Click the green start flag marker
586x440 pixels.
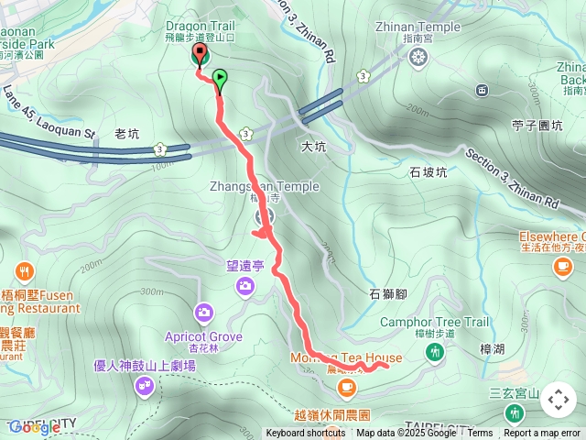coord(220,78)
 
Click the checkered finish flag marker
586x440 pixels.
coord(200,58)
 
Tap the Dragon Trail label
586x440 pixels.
coord(201,27)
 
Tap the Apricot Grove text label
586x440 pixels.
coord(204,336)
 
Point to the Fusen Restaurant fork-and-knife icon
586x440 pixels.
coord(24,271)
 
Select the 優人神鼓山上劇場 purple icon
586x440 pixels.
coord(144,387)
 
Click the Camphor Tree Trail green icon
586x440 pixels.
coord(436,355)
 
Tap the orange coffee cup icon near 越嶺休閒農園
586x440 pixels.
coord(346,389)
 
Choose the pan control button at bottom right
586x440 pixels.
coord(559,400)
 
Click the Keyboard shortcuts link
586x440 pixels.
coord(306,434)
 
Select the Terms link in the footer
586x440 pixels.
coord(480,434)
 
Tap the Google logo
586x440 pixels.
coord(34,427)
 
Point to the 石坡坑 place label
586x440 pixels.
coord(429,171)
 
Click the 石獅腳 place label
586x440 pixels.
coord(387,294)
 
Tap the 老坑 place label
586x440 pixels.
coord(127,134)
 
